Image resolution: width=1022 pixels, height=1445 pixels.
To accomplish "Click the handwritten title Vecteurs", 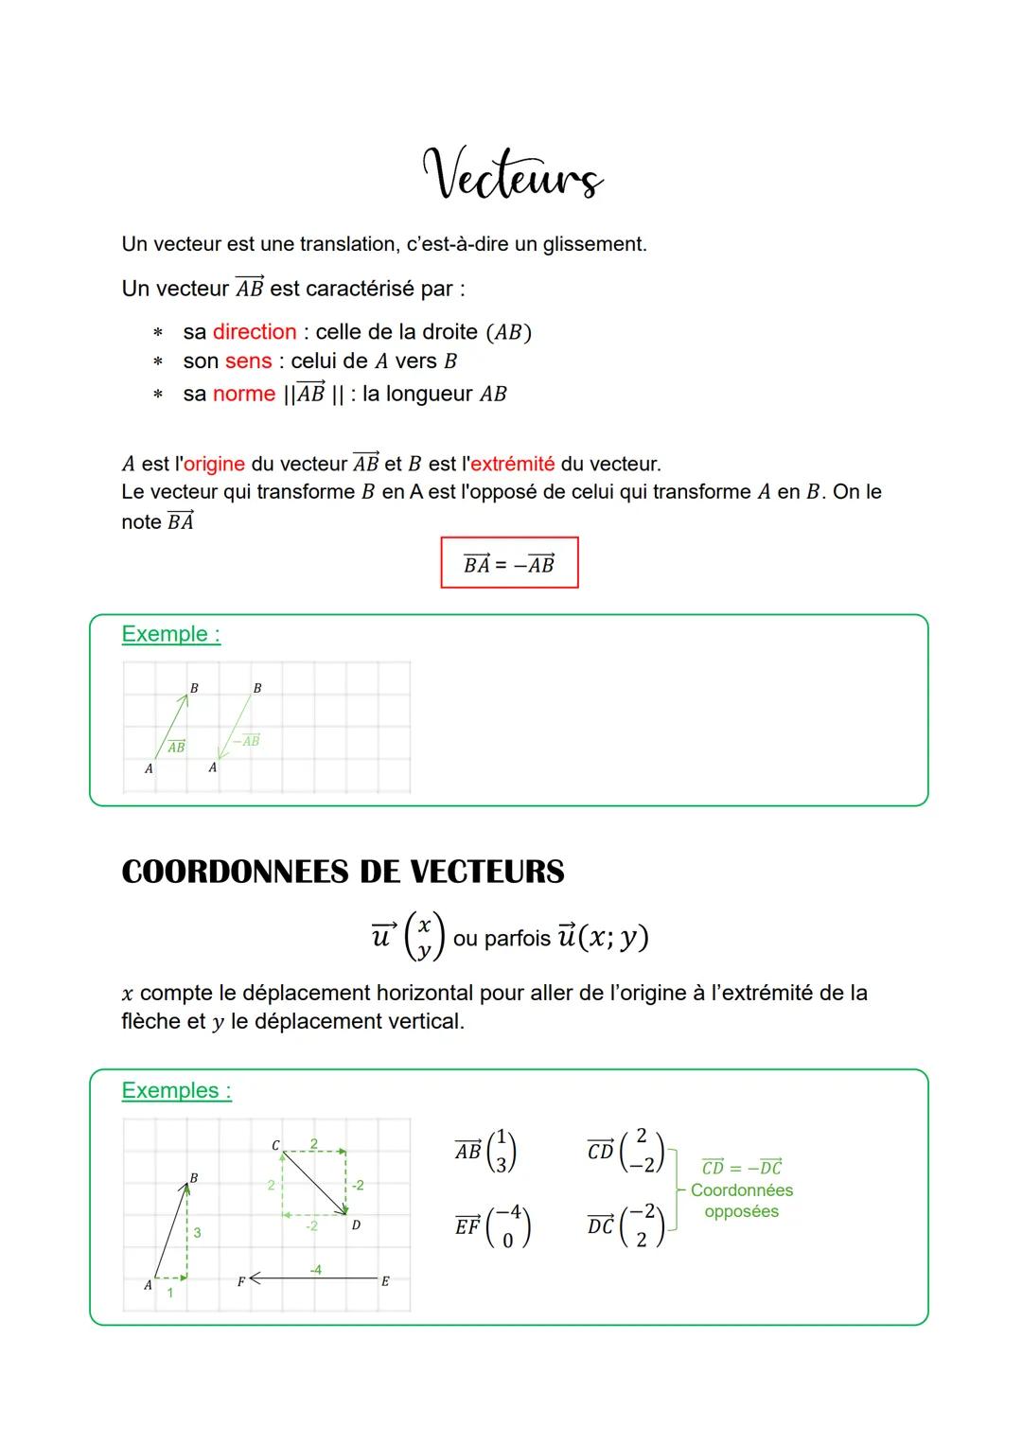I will pyautogui.click(x=512, y=176).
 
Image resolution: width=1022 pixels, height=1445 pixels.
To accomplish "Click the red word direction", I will pyautogui.click(x=255, y=332).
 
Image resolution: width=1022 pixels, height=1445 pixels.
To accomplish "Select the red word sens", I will pyautogui.click(x=248, y=361).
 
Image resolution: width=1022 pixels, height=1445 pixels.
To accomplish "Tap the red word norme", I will pyautogui.click(x=243, y=394).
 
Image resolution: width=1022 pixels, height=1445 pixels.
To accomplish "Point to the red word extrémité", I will pyautogui.click(x=512, y=464).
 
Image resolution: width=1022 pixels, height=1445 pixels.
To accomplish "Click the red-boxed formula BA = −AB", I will pyautogui.click(x=509, y=564).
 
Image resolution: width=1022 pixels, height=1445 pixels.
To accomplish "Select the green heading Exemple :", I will pyautogui.click(x=170, y=634).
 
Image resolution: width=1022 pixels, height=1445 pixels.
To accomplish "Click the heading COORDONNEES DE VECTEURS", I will pyautogui.click(x=343, y=872).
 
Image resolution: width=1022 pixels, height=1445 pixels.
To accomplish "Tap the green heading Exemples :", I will pyautogui.click(x=176, y=1090).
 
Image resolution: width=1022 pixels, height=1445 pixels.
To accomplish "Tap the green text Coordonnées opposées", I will pyautogui.click(x=742, y=1201).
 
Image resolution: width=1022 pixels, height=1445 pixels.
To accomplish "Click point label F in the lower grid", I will pyautogui.click(x=240, y=1281).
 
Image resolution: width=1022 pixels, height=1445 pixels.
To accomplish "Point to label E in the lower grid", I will pyautogui.click(x=385, y=1281).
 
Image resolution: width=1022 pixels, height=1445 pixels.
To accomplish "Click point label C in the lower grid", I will pyautogui.click(x=275, y=1146).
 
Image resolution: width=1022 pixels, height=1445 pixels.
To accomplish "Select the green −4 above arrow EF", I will pyautogui.click(x=315, y=1269).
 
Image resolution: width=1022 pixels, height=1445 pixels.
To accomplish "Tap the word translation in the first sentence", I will pyautogui.click(x=347, y=244).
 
